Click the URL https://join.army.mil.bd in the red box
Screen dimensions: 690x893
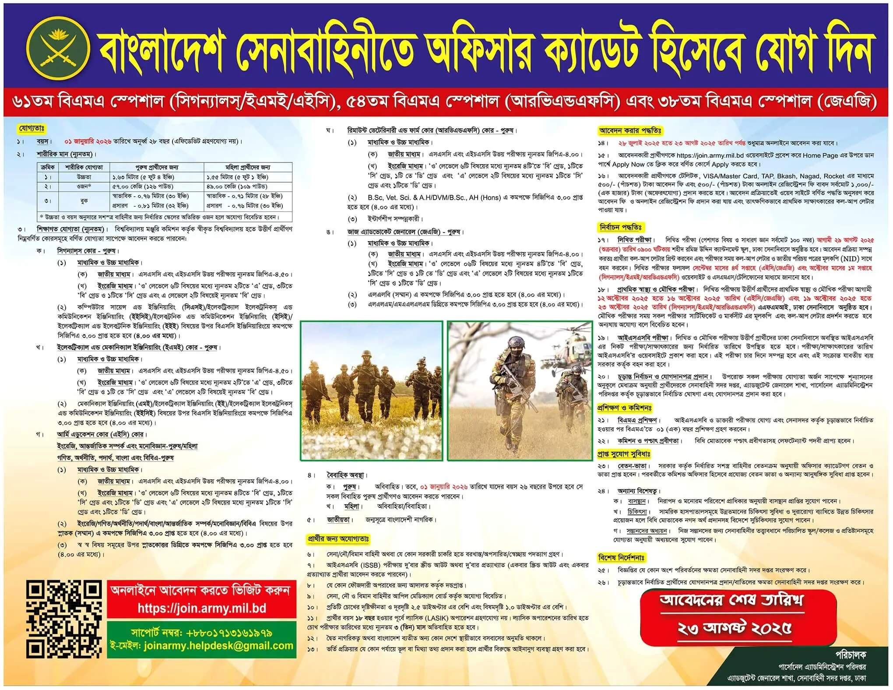pos(202,609)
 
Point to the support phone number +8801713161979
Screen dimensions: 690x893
pos(228,633)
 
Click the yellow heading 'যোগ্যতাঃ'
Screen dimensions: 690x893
pos(31,129)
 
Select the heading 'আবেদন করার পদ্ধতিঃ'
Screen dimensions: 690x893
pos(630,130)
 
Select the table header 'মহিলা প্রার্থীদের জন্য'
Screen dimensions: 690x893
pos(248,167)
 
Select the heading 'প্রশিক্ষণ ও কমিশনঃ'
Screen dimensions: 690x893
pos(624,408)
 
